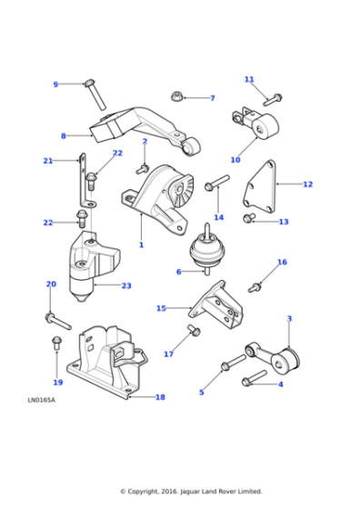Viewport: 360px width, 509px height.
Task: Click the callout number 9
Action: click(x=55, y=85)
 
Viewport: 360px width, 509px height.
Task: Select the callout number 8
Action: click(x=63, y=136)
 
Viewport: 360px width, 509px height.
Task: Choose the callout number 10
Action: click(x=235, y=160)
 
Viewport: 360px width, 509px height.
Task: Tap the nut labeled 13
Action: click(x=248, y=218)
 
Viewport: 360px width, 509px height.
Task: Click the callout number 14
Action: click(x=218, y=217)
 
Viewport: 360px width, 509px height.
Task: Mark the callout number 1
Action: click(x=141, y=245)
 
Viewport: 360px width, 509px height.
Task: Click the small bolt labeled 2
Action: click(x=143, y=166)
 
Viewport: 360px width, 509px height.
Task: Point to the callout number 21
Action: click(x=48, y=161)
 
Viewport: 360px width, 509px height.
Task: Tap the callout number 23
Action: click(x=126, y=285)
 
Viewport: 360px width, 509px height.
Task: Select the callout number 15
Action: click(x=161, y=308)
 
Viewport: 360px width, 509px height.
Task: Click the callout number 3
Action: click(x=289, y=319)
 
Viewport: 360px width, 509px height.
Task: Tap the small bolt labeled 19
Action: click(x=56, y=344)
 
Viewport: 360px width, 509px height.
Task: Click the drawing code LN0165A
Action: click(x=41, y=400)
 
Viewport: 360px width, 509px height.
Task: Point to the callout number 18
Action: click(x=160, y=397)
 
